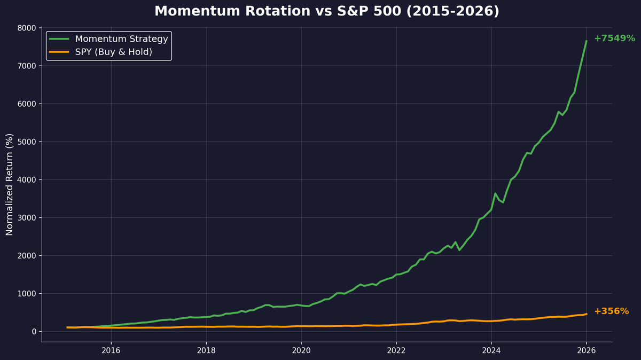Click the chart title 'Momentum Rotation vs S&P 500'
coord(326,11)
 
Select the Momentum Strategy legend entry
coord(121,39)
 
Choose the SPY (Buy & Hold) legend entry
coord(113,52)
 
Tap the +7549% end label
coord(614,38)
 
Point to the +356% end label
coord(611,311)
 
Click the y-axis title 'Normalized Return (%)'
coord(10,184)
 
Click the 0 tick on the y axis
coord(33,332)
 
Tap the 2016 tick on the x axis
coord(111,350)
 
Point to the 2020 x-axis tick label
coord(301,350)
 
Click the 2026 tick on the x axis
coord(587,350)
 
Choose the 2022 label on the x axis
coord(396,350)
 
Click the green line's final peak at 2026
coord(586,41)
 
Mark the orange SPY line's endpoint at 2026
coord(586,314)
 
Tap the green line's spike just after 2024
coord(495,193)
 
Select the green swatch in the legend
coord(59,39)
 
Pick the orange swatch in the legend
coord(59,52)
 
